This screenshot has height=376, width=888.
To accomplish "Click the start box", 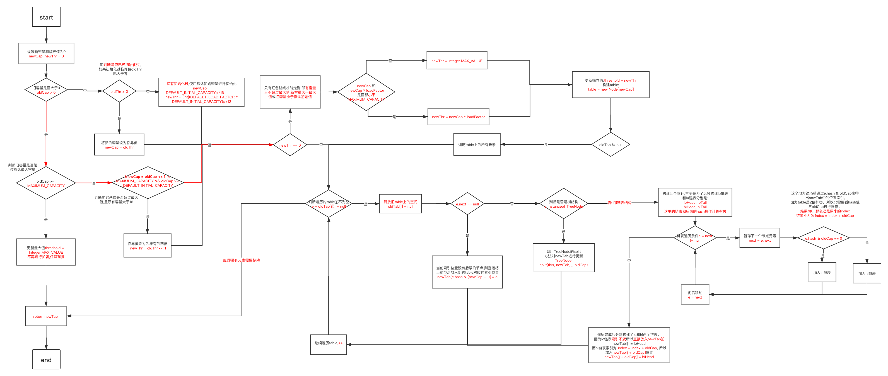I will coord(46,17).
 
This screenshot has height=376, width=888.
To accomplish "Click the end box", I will coord(46,360).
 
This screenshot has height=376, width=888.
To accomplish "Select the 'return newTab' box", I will coord(46,316).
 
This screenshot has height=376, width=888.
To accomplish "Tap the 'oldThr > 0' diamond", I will coord(119,91).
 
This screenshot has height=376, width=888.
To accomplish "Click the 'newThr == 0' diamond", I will coord(290,145).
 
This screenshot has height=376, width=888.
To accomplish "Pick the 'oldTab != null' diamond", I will coord(610,145).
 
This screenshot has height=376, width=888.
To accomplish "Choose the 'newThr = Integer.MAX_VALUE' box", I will coord(457,61).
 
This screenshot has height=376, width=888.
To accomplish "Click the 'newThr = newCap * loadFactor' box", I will coord(458,117).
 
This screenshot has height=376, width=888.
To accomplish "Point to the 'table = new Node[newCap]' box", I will coord(610,85).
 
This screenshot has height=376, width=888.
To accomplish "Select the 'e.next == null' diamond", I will coord(467,204).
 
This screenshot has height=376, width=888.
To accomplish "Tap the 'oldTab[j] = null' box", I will coord(400,204).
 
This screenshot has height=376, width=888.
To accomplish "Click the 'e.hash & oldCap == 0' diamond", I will coord(823,238).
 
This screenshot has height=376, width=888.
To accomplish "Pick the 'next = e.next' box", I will coord(759,238).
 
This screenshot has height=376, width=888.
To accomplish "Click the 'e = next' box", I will coord(695,295).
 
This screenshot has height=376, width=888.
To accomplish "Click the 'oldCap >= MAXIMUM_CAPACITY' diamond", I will coord(46,183).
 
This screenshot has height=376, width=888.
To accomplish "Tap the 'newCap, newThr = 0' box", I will coord(46,54).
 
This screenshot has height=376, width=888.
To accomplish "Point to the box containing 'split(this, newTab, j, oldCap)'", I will coord(563,258).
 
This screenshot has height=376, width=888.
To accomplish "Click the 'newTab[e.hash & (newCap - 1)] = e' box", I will coord(467,272).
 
